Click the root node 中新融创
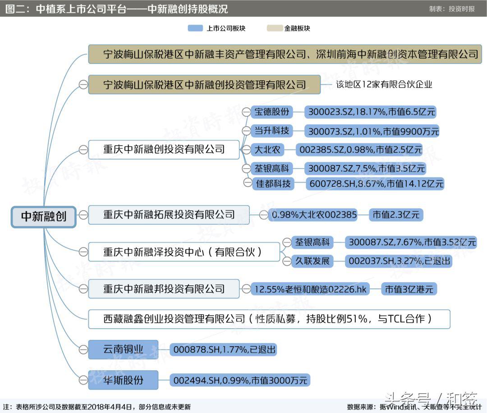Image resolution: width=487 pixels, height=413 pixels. (44, 216)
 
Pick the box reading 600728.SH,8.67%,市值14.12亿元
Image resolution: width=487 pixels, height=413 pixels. (375, 184)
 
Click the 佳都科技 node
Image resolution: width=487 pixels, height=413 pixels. (273, 184)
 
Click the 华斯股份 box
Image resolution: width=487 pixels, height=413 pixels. (123, 380)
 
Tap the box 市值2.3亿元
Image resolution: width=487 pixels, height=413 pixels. (396, 215)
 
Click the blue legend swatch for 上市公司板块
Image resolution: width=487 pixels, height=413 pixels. (195, 28)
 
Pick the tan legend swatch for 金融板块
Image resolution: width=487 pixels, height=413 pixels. (274, 28)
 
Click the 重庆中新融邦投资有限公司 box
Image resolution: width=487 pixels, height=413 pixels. (164, 289)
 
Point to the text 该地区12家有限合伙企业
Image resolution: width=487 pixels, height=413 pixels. (384, 84)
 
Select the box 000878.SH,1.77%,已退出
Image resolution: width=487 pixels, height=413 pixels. (224, 349)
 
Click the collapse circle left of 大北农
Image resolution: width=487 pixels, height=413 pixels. (246, 149)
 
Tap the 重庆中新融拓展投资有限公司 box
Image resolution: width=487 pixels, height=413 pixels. (169, 215)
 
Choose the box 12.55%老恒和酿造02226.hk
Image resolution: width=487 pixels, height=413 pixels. (311, 289)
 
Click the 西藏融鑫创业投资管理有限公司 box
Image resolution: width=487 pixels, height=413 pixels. (269, 319)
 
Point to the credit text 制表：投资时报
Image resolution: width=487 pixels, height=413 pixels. (452, 9)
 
